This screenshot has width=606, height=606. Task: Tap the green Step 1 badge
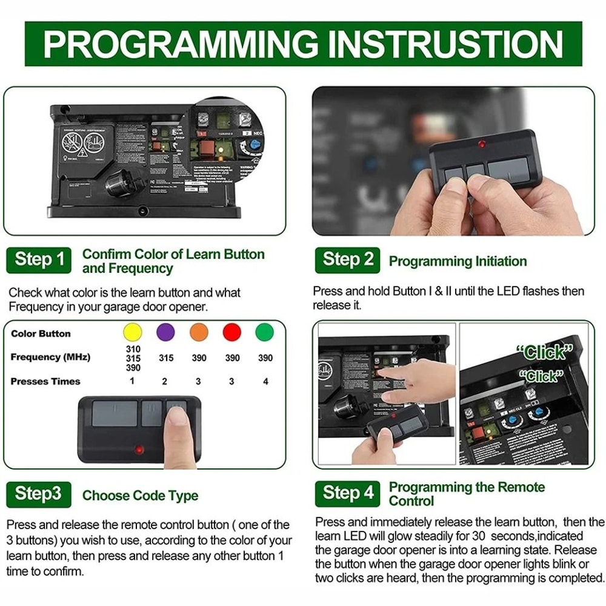coord(39,260)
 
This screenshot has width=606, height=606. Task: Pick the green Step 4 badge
coord(348,493)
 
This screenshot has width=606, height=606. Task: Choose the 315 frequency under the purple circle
coord(166,358)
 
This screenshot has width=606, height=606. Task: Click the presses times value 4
coord(265,382)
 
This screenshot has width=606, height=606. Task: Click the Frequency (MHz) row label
coord(50,358)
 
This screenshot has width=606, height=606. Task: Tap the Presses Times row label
coord(45,382)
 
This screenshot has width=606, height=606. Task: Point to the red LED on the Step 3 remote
coord(139,450)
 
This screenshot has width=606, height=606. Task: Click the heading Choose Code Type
coord(140,496)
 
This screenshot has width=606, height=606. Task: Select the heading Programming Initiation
coord(458,262)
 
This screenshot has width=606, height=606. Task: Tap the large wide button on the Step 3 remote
coord(115,413)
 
